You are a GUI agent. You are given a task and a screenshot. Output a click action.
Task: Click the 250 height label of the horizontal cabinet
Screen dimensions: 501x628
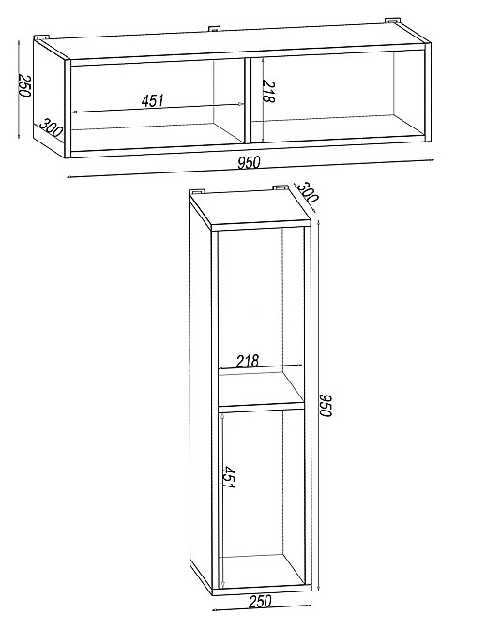pyautogui.click(x=24, y=85)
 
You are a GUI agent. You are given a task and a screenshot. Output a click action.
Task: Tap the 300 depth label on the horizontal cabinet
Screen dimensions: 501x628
pyautogui.click(x=51, y=127)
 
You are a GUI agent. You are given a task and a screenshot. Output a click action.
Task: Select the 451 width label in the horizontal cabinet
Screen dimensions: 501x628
pyautogui.click(x=153, y=100)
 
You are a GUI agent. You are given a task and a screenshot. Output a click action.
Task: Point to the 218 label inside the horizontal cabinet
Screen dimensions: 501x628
pyautogui.click(x=268, y=92)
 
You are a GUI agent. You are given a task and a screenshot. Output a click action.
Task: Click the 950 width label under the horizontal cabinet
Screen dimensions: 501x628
pyautogui.click(x=249, y=162)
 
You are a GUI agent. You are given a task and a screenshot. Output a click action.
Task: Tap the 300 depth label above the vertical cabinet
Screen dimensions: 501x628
pyautogui.click(x=307, y=191)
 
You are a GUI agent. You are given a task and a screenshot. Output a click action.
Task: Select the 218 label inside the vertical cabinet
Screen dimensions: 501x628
pyautogui.click(x=248, y=361)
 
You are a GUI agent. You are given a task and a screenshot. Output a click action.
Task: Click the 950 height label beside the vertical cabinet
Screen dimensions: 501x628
pyautogui.click(x=325, y=405)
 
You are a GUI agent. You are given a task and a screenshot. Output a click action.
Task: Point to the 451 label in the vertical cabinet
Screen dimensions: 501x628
pyautogui.click(x=228, y=477)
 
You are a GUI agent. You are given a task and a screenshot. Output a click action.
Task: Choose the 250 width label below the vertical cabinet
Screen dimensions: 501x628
pyautogui.click(x=260, y=601)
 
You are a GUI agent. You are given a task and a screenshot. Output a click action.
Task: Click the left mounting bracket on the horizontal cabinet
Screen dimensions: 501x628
pyautogui.click(x=41, y=37)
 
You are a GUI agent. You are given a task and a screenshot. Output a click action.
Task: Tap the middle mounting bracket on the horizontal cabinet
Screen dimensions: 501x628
pyautogui.click(x=215, y=29)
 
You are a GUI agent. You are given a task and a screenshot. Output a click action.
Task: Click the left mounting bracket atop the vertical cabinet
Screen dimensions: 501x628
pyautogui.click(x=198, y=190)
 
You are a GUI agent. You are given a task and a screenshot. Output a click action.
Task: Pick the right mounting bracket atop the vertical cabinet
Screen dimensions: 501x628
pyautogui.click(x=281, y=187)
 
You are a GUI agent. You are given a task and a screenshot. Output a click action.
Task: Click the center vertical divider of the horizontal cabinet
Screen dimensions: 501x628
pyautogui.click(x=248, y=100)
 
